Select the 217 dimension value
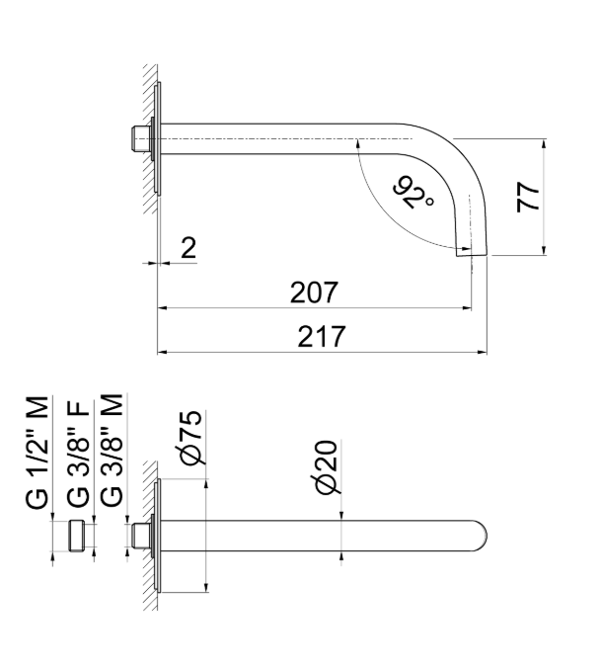(322, 337)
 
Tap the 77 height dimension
(530, 197)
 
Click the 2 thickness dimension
(188, 248)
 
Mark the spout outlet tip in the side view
(471, 253)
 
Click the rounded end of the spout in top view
(480, 535)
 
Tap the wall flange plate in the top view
(159, 536)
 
